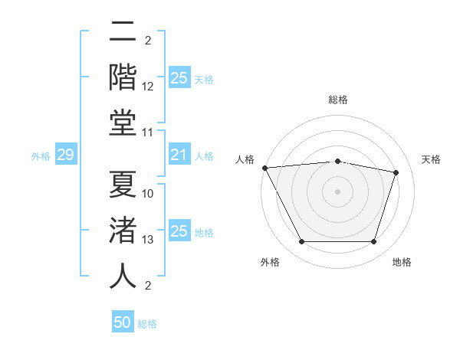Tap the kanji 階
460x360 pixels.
coord(123,77)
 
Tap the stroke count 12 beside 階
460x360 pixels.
coord(148,87)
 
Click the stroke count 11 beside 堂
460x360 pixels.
coord(148,133)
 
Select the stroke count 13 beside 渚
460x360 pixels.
coord(148,240)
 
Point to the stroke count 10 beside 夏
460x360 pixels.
coord(148,194)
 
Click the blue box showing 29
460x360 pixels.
coord(65,155)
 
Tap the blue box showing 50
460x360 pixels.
coord(123,322)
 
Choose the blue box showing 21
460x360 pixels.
coord(179,155)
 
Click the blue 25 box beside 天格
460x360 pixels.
coord(179,78)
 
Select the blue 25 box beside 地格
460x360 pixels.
coord(179,231)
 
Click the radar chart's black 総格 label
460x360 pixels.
coord(337,100)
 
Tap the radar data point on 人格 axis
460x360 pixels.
coord(264,168)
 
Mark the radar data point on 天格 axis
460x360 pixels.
coord(396,172)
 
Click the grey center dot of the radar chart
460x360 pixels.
coord(337,191)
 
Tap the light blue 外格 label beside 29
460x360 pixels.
coord(41,156)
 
